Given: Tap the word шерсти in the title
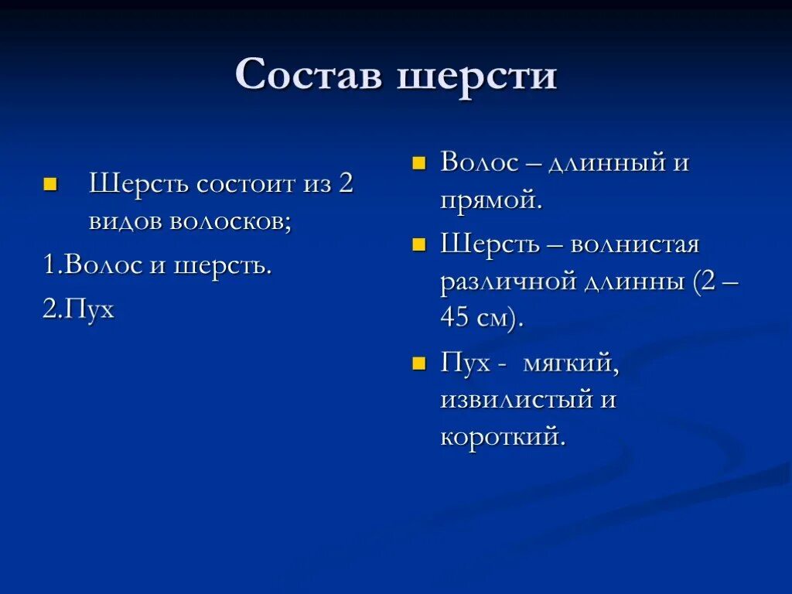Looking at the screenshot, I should pyautogui.click(x=477, y=75).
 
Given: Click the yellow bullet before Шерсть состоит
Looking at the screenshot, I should pyautogui.click(x=51, y=186).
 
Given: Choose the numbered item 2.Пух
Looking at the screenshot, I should pyautogui.click(x=78, y=309).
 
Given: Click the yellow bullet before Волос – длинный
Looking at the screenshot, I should pyautogui.click(x=419, y=164).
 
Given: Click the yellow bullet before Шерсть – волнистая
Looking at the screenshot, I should pyautogui.click(x=419, y=246).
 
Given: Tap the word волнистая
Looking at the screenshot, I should pyautogui.click(x=634, y=245).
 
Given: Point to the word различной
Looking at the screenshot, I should pyautogui.click(x=506, y=282).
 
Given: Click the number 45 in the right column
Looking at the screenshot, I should pyautogui.click(x=456, y=319).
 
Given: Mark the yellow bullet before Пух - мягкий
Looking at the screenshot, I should pyautogui.click(x=419, y=364).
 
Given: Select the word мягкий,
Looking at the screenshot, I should pyautogui.click(x=571, y=364).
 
